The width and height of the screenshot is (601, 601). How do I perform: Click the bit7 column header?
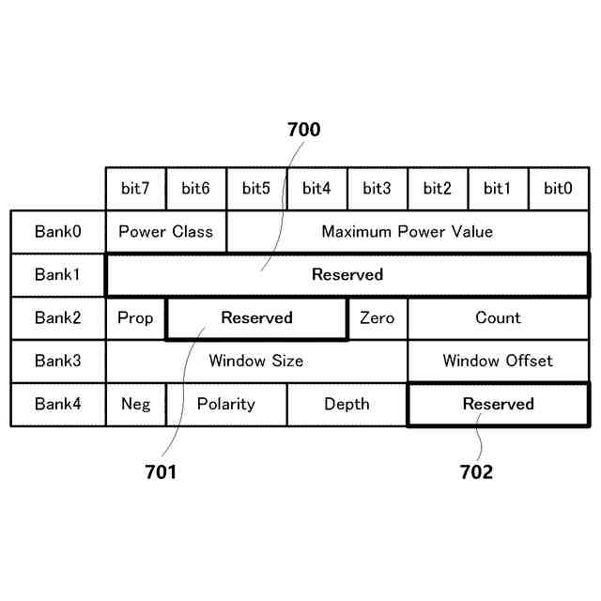pyautogui.click(x=135, y=189)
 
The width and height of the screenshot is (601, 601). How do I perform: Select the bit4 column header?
pyautogui.click(x=316, y=189)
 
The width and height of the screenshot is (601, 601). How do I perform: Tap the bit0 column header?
pyautogui.click(x=558, y=189)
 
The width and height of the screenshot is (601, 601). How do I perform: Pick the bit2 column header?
pyautogui.click(x=438, y=189)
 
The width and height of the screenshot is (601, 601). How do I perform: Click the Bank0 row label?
pyautogui.click(x=58, y=231)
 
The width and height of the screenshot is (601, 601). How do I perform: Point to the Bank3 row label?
pyautogui.click(x=58, y=361)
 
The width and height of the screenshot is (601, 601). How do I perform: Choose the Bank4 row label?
pyautogui.click(x=58, y=404)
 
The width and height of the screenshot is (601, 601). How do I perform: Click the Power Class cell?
pyautogui.click(x=165, y=231)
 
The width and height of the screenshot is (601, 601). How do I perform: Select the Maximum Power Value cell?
pyautogui.click(x=407, y=231)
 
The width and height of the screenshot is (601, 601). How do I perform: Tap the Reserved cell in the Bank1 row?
pyautogui.click(x=347, y=274)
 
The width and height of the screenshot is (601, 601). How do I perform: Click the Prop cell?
pyautogui.click(x=135, y=317)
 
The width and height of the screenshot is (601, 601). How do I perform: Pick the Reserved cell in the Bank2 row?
pyautogui.click(x=256, y=317)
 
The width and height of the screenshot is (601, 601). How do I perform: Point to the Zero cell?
pyautogui.click(x=377, y=317)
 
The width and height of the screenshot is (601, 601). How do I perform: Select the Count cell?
pyautogui.click(x=498, y=317)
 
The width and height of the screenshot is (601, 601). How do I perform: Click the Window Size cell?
pyautogui.click(x=255, y=361)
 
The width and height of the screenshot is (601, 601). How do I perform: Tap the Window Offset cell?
pyautogui.click(x=498, y=361)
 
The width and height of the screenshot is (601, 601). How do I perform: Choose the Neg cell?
pyautogui.click(x=135, y=404)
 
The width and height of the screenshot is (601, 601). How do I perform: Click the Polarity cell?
pyautogui.click(x=225, y=404)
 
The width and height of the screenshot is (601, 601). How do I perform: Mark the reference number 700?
pyautogui.click(x=303, y=130)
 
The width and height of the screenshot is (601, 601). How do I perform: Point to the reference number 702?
pyautogui.click(x=476, y=472)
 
